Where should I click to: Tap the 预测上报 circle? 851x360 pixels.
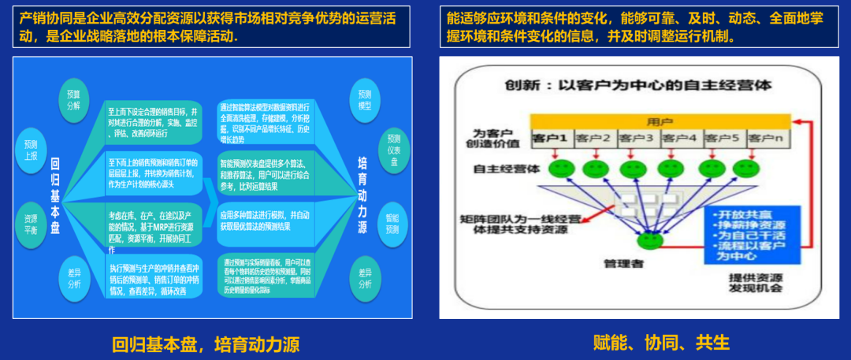(x=31, y=150)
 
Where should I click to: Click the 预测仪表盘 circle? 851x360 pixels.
(x=394, y=150)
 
